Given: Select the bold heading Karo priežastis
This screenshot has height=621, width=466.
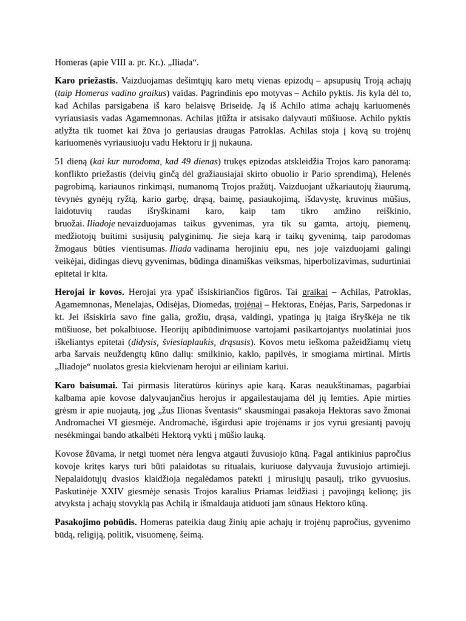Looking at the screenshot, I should point(86,80).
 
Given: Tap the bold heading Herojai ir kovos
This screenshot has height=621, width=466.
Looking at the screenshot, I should point(89,292).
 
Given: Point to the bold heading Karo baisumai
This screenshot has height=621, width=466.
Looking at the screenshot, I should point(86,385).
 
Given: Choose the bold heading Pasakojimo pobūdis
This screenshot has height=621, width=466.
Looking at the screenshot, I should point(96,522).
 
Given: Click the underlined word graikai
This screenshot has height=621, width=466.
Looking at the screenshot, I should point(314,292).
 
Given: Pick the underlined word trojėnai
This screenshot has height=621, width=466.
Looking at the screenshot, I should point(248,304).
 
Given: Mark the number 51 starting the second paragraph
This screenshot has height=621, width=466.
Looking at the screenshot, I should point(60,161).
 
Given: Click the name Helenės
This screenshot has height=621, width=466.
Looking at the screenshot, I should point(393,173).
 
